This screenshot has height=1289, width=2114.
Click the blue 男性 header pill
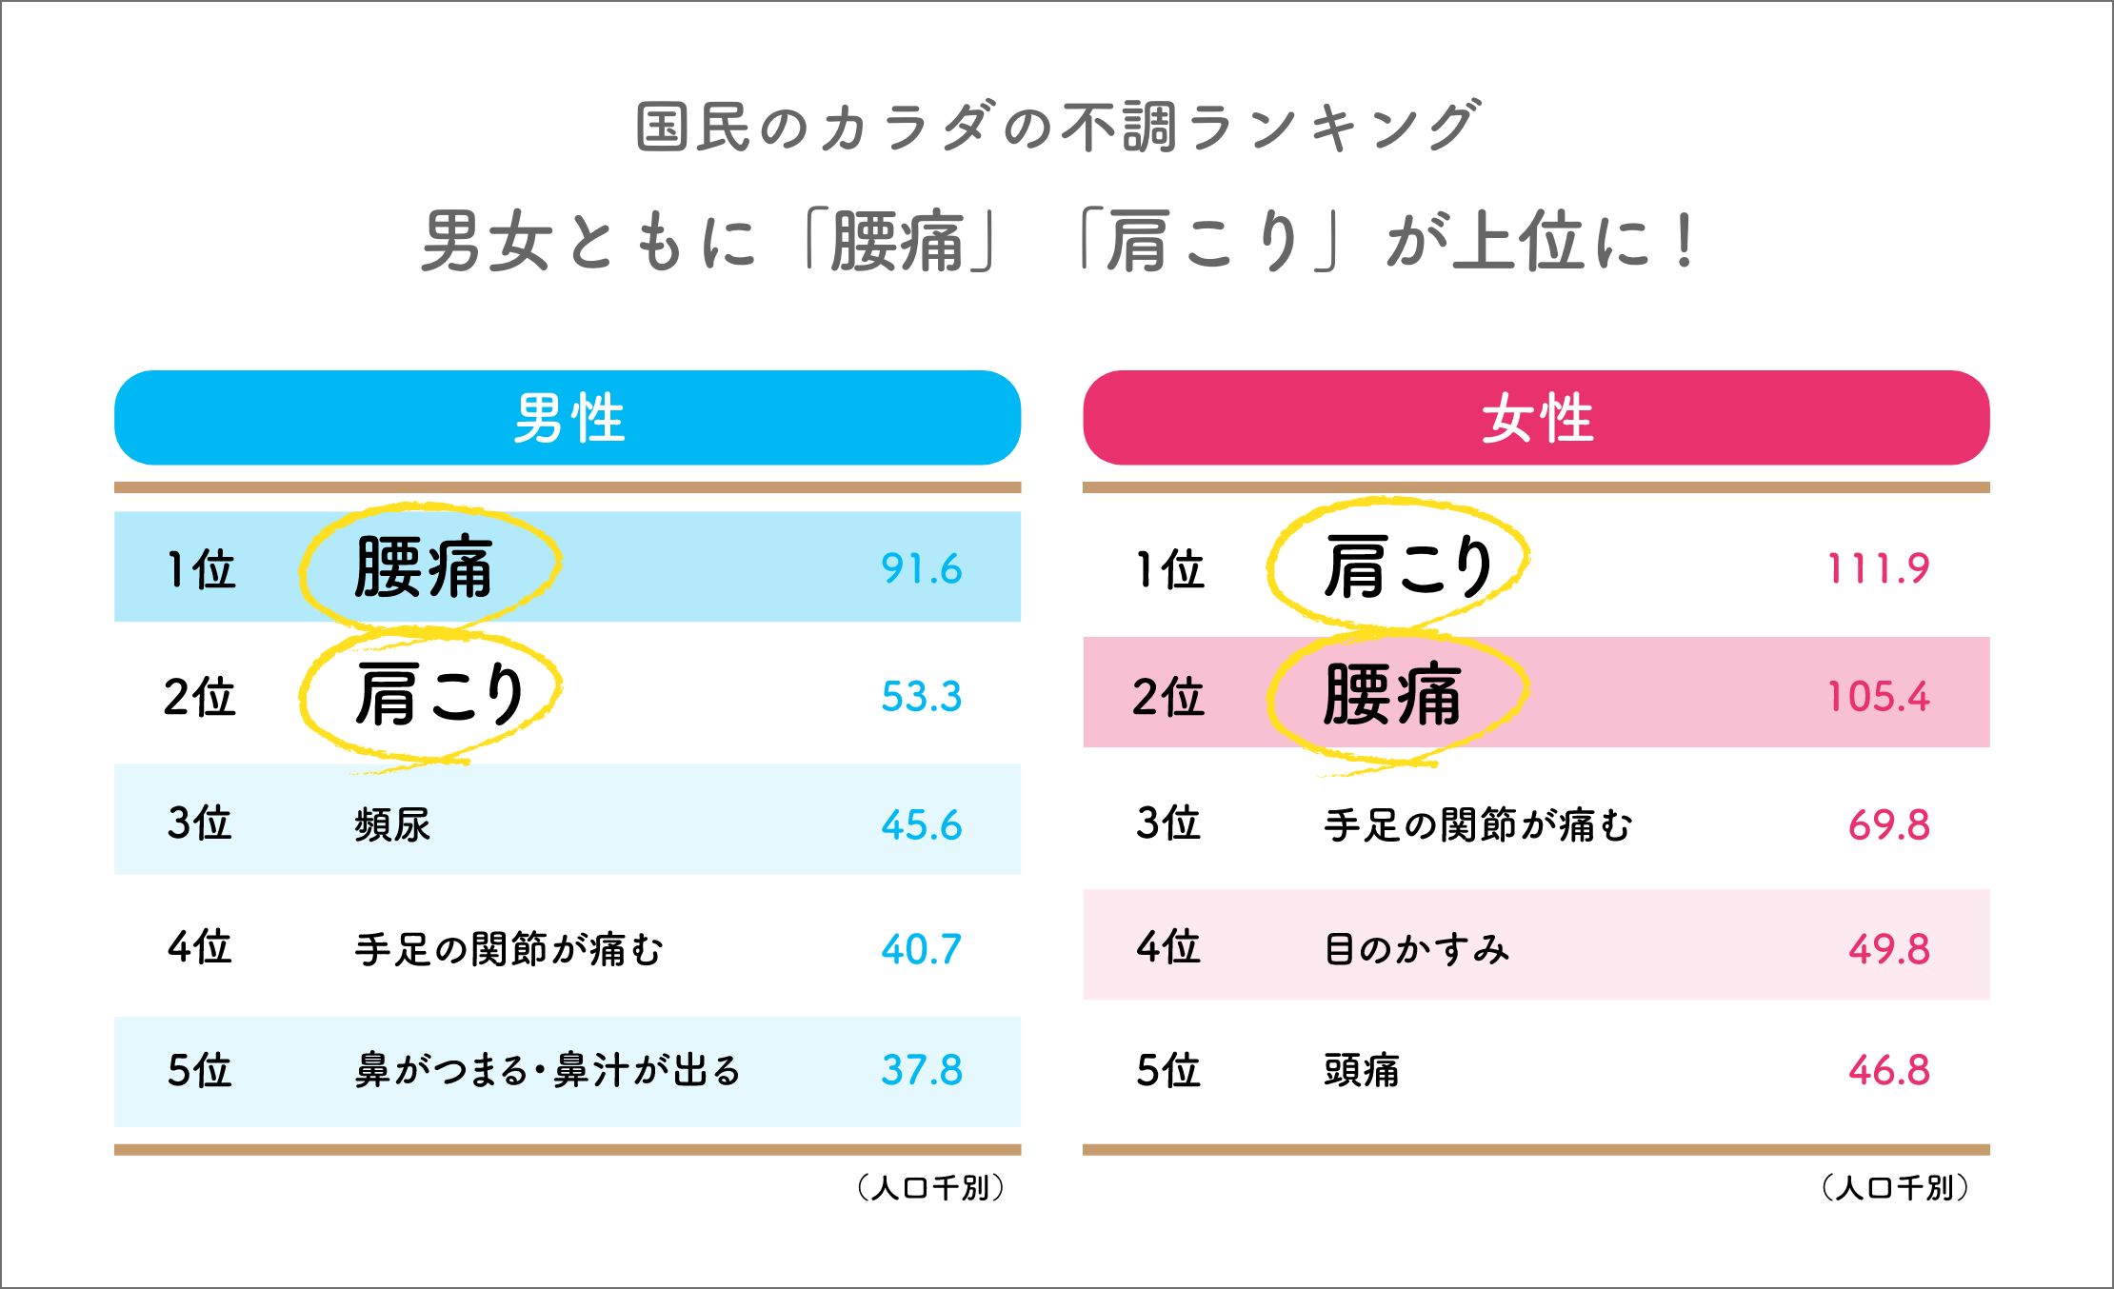(568, 418)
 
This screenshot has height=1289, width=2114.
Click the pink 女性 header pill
(1536, 418)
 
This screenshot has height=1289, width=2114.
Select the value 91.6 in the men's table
(921, 568)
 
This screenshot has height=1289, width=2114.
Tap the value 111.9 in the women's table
(1878, 568)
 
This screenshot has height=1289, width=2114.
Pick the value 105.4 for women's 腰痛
(1878, 696)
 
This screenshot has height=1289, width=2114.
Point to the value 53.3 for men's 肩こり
(921, 696)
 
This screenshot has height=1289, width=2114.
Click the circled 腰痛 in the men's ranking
(424, 566)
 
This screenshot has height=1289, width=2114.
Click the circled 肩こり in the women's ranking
(1407, 566)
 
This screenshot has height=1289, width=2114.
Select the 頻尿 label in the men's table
(392, 824)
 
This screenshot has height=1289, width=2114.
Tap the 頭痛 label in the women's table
(1361, 1070)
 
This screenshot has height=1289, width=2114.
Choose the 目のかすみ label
(1416, 949)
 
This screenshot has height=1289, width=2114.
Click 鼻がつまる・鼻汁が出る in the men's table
(548, 1070)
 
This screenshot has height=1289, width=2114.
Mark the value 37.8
(921, 1070)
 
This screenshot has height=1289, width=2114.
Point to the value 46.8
(1888, 1070)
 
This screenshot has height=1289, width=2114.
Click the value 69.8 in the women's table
(1888, 824)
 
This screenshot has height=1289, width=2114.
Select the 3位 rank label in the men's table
(199, 823)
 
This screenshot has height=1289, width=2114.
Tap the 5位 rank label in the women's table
(1167, 1070)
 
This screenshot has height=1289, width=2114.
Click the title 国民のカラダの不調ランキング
(1057, 127)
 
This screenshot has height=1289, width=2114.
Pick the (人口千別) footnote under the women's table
(1894, 1187)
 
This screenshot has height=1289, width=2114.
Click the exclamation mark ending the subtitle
(1685, 241)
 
